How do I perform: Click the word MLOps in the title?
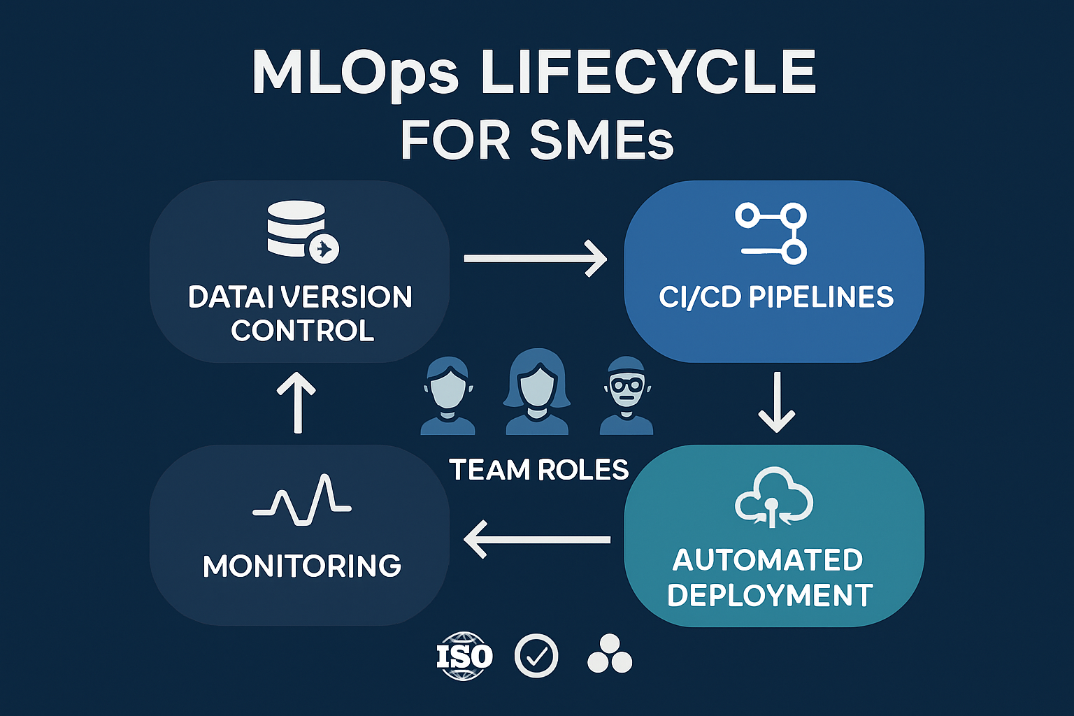click(355, 73)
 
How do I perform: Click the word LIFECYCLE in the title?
click(649, 73)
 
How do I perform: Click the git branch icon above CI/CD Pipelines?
click(772, 234)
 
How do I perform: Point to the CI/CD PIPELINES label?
click(775, 297)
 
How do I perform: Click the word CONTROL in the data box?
click(303, 331)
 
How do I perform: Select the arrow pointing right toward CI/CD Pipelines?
click(535, 259)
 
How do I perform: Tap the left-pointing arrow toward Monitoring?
click(537, 539)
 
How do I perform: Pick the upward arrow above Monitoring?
click(296, 402)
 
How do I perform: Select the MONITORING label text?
click(302, 566)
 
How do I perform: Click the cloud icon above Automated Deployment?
click(773, 496)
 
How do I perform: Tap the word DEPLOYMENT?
click(770, 596)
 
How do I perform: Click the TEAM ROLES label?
click(538, 470)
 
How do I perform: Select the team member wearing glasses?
click(626, 397)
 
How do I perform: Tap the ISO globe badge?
click(464, 656)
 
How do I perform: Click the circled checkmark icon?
click(536, 656)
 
